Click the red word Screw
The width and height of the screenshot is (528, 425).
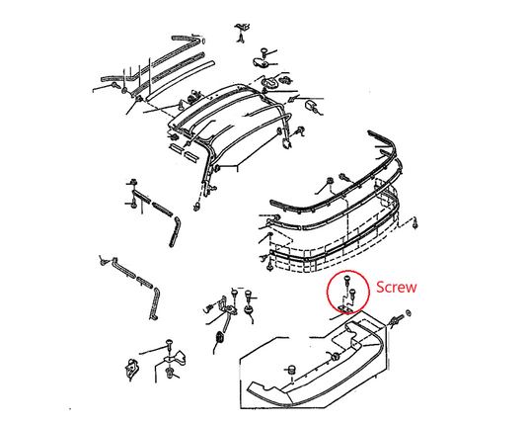pos(397,287)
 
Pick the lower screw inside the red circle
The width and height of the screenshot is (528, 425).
pos(353,294)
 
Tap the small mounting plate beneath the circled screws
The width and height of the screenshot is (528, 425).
pos(345,307)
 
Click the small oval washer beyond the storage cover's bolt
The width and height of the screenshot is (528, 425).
pos(409,313)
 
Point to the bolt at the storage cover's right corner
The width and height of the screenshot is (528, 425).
pos(396,320)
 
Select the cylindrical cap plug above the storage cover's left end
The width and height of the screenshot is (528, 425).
pos(291,369)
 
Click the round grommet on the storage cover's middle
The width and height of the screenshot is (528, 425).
pos(335,357)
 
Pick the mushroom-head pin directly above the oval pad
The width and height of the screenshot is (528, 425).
pos(264,53)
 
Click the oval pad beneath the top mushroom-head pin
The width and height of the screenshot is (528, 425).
pos(262,63)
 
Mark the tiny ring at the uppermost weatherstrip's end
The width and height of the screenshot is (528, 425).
pos(203,42)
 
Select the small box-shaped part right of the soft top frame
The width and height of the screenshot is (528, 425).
pos(311,105)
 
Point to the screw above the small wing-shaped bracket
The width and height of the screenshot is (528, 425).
pos(169,345)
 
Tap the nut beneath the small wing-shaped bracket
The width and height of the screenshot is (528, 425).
pos(169,374)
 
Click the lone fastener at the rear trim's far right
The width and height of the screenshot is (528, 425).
pos(416,223)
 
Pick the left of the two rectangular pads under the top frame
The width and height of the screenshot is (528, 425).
pos(175,148)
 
